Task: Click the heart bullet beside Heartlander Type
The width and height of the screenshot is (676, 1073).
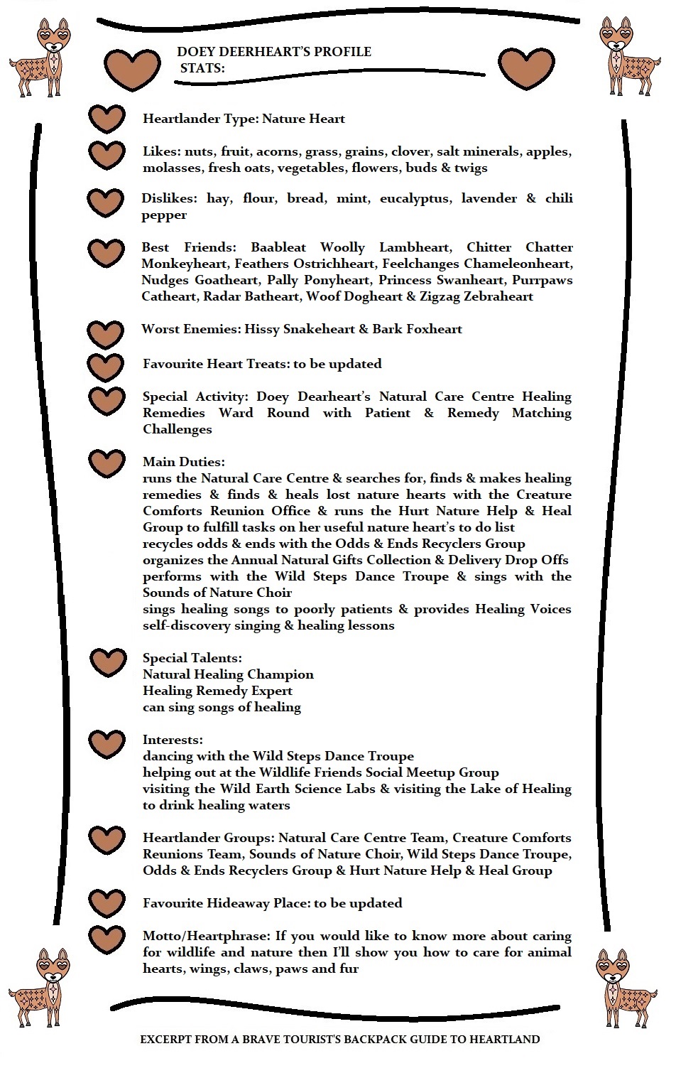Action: pyautogui.click(x=107, y=119)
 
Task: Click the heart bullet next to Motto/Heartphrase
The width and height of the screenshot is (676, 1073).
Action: pyautogui.click(x=107, y=939)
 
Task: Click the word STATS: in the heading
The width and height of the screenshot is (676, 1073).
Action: pyautogui.click(x=202, y=68)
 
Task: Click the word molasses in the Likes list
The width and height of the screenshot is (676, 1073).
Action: pyautogui.click(x=171, y=168)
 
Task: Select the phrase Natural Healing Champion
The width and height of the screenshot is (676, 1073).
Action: pyautogui.click(x=228, y=674)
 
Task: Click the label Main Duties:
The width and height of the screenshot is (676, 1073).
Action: pyautogui.click(x=183, y=462)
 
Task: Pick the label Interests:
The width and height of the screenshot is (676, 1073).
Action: pyautogui.click(x=173, y=740)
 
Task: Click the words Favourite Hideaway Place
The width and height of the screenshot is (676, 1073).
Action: pyautogui.click(x=225, y=903)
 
